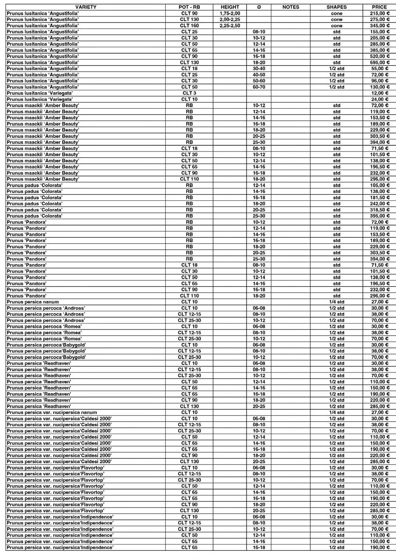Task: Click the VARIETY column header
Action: click(85, 7)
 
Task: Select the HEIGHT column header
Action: click(229, 7)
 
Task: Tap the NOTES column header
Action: click(291, 7)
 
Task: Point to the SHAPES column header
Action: click(336, 7)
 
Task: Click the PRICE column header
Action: click(379, 7)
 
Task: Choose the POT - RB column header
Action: click(189, 7)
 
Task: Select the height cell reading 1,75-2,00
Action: click(229, 13)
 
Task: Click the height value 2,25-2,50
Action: click(229, 26)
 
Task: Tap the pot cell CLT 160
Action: click(189, 26)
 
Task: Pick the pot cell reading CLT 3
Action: click(189, 93)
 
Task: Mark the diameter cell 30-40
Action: click(259, 69)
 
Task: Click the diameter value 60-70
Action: click(259, 87)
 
